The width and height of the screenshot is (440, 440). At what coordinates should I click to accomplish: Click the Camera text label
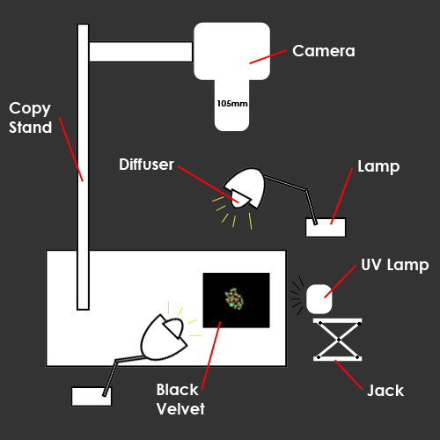[x=324, y=51]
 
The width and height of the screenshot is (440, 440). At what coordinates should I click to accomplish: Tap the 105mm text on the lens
[x=232, y=104]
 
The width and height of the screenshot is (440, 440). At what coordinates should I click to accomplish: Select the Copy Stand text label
[x=30, y=118]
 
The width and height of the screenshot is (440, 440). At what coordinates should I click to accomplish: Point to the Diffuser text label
[x=146, y=165]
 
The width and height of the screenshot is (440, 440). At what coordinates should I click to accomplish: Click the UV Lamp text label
[x=395, y=265]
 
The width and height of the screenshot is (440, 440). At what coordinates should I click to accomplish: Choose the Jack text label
[x=385, y=391]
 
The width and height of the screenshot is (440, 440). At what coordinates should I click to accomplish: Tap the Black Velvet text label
[x=180, y=400]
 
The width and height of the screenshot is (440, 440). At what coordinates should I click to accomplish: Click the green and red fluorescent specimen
[x=234, y=298]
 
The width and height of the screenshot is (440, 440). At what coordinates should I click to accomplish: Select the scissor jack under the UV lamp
[x=338, y=340]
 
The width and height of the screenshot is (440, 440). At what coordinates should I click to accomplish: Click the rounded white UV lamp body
[x=319, y=299]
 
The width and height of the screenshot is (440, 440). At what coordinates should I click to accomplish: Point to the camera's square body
[x=231, y=51]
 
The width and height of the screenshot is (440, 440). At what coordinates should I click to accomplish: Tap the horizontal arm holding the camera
[x=141, y=52]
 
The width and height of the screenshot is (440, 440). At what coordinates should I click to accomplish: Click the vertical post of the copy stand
[x=83, y=167]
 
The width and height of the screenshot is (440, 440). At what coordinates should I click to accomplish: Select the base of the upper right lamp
[x=326, y=227]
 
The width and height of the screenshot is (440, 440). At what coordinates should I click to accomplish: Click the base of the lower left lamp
[x=92, y=397]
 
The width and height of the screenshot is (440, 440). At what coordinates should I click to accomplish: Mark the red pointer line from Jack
[x=349, y=375]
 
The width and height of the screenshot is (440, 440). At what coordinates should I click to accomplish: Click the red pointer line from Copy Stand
[x=71, y=149]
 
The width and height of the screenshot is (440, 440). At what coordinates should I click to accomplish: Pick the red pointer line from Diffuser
[x=208, y=184]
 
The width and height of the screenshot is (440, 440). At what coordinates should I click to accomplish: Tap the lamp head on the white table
[x=164, y=337]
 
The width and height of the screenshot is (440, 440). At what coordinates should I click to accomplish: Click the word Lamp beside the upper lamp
[x=378, y=166]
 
